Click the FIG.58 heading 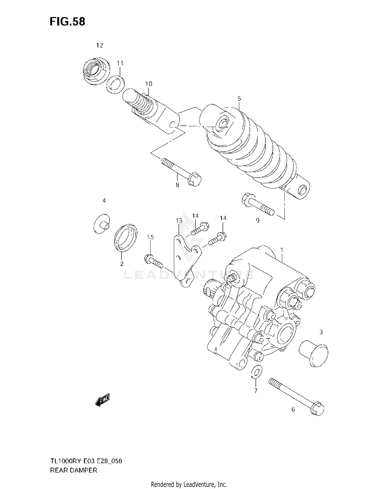67,22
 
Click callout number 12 100,45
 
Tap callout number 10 149,84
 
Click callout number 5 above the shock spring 239,98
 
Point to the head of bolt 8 195,180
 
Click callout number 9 258,220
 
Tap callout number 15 150,237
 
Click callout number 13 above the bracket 179,221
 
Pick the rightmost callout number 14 223,218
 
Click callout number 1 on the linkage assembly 281,250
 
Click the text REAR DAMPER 74,470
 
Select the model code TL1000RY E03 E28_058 86,461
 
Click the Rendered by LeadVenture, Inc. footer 189,484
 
